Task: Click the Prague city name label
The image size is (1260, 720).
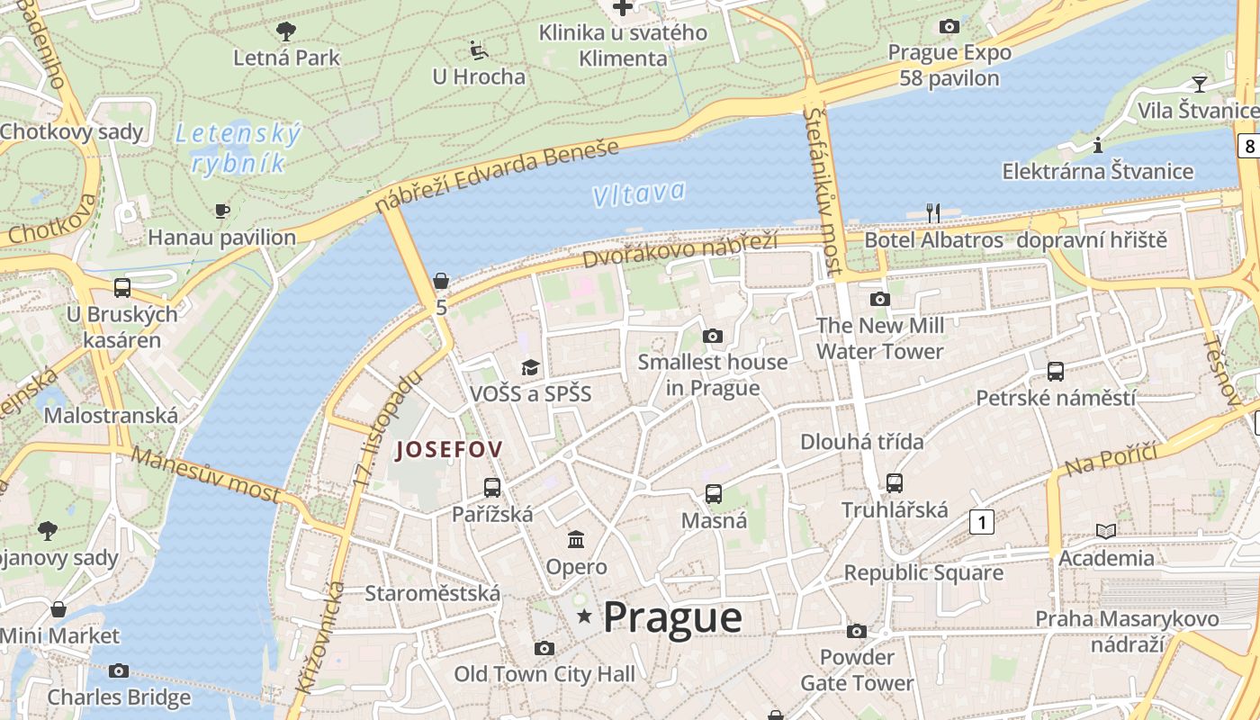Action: click(x=672, y=617)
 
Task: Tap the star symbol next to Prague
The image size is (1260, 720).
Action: click(x=585, y=616)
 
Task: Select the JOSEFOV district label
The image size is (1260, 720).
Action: click(x=449, y=449)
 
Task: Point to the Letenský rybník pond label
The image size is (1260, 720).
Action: click(x=238, y=148)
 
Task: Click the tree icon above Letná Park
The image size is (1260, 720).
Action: click(x=286, y=31)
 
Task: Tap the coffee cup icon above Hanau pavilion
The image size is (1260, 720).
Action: click(x=221, y=211)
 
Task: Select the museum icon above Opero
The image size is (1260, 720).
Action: click(x=576, y=540)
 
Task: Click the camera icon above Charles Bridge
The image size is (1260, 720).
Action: click(x=118, y=670)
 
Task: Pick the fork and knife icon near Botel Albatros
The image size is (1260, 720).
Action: click(x=933, y=213)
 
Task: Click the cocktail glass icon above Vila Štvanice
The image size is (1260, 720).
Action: click(x=1199, y=84)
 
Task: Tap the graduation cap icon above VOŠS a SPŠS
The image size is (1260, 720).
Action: click(x=530, y=367)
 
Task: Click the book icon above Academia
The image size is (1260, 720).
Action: click(x=1106, y=531)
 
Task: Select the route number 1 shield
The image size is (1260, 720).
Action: click(x=982, y=521)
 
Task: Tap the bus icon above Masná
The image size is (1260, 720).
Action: click(x=714, y=493)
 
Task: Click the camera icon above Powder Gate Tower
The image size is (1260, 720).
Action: click(x=857, y=631)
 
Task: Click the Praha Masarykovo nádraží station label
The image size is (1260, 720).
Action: click(x=1127, y=631)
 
